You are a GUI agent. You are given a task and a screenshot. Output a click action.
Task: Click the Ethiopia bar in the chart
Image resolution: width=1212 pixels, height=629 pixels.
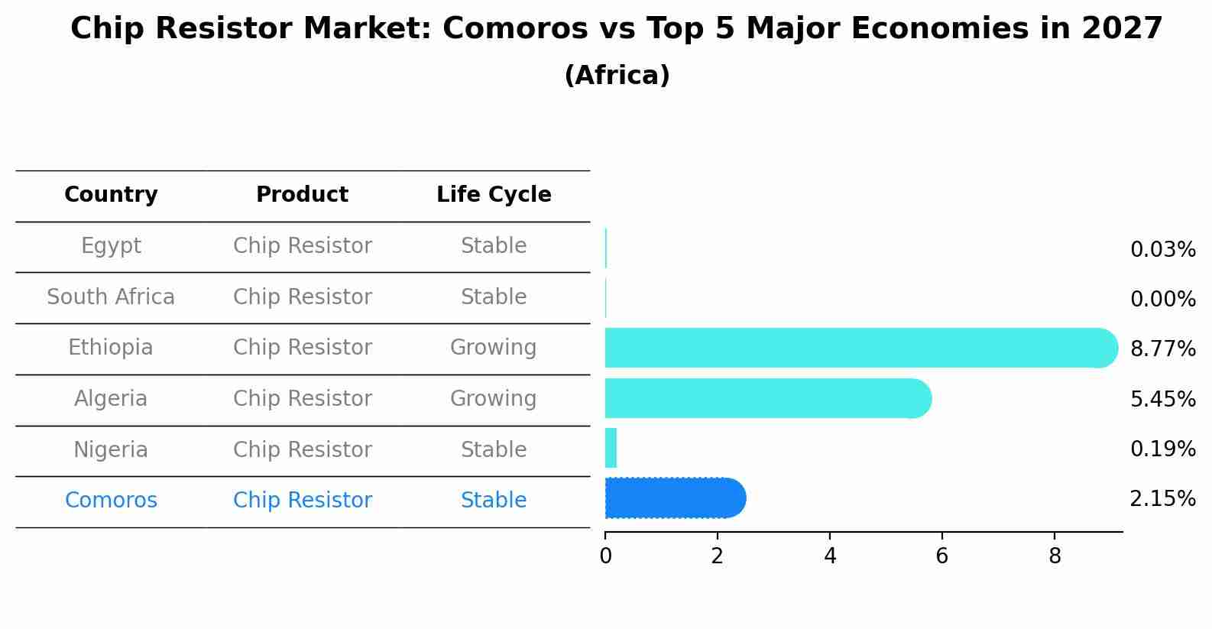click(856, 348)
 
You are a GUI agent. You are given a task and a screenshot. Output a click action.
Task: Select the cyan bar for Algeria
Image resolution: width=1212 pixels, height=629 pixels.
click(764, 398)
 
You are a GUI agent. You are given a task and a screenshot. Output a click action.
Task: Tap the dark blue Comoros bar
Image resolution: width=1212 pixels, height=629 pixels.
click(672, 498)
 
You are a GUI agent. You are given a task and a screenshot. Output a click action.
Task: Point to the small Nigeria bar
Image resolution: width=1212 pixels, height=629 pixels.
click(611, 448)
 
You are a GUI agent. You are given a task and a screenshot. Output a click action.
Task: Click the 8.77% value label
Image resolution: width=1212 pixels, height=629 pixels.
click(1162, 349)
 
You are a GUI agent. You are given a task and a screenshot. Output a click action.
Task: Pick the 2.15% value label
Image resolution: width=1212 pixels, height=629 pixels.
click(1162, 499)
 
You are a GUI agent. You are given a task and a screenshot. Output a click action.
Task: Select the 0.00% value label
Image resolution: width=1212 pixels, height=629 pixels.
click(1162, 300)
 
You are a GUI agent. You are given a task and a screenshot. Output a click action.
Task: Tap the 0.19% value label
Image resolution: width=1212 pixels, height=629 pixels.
click(1162, 449)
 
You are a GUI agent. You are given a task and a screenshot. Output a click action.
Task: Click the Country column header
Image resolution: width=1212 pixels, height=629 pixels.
click(111, 195)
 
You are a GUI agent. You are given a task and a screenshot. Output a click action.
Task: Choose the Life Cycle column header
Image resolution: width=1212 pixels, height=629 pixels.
click(494, 195)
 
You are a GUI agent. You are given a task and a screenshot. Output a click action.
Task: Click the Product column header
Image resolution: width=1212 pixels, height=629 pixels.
click(302, 195)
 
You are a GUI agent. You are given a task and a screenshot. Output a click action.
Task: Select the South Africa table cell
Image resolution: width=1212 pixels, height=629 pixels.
click(111, 297)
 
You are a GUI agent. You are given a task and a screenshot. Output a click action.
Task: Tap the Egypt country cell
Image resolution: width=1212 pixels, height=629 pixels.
click(111, 246)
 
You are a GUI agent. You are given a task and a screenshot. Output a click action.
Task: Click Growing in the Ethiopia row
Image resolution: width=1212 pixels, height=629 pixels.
click(493, 348)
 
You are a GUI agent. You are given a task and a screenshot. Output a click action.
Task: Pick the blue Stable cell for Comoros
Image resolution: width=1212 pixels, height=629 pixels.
click(493, 501)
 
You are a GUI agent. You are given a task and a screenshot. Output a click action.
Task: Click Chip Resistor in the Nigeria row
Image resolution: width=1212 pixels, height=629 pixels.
click(302, 449)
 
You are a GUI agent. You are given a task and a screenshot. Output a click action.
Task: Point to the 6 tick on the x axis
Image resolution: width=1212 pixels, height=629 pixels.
click(941, 556)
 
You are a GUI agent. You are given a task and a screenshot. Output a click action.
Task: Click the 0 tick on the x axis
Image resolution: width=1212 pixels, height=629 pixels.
click(605, 556)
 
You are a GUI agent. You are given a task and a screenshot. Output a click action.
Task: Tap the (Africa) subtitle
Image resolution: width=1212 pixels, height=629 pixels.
click(617, 76)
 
